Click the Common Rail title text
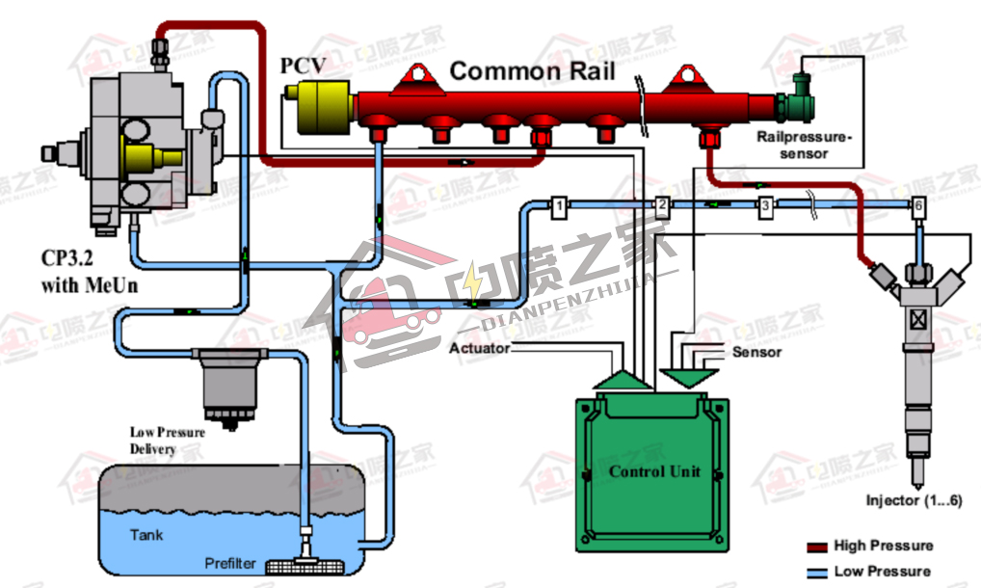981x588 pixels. [x=532, y=70]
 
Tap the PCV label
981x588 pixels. [x=304, y=67]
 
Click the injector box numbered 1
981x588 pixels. [x=558, y=204]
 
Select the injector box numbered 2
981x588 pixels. [x=662, y=204]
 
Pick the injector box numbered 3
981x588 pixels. [x=765, y=205]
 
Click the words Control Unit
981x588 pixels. [x=654, y=471]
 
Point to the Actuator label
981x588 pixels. [x=479, y=347]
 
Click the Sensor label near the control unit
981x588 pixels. [x=756, y=352]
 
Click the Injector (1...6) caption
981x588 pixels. [x=914, y=500]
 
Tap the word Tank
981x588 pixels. [x=146, y=534]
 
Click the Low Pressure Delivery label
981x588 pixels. [x=167, y=441]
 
